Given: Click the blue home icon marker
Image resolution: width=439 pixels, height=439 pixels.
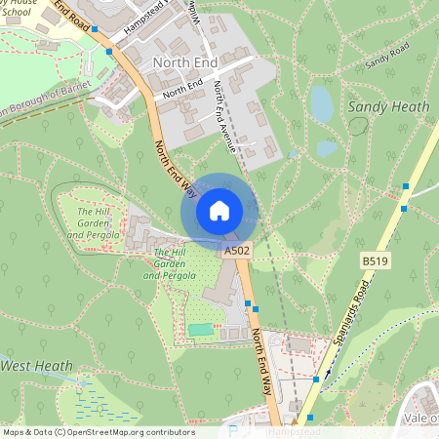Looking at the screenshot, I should coord(219,210).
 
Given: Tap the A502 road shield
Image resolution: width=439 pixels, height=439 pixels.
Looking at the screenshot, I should coord(236,252).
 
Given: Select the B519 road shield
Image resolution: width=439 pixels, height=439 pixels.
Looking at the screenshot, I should coord(374,261).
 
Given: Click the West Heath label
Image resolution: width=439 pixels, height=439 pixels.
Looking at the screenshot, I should coord(37,366).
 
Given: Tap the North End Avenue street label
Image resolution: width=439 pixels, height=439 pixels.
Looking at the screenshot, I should coord(225,115).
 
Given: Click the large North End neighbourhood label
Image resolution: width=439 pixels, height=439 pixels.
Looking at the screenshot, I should coord(185,60).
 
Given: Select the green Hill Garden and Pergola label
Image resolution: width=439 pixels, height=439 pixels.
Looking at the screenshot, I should coord(170,263).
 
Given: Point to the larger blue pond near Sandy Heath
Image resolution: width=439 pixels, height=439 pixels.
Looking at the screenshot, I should coord(322,102).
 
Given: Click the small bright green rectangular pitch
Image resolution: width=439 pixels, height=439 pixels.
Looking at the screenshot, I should coord(202,330).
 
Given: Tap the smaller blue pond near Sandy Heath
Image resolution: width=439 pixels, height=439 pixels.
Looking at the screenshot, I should coord(327,149).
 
